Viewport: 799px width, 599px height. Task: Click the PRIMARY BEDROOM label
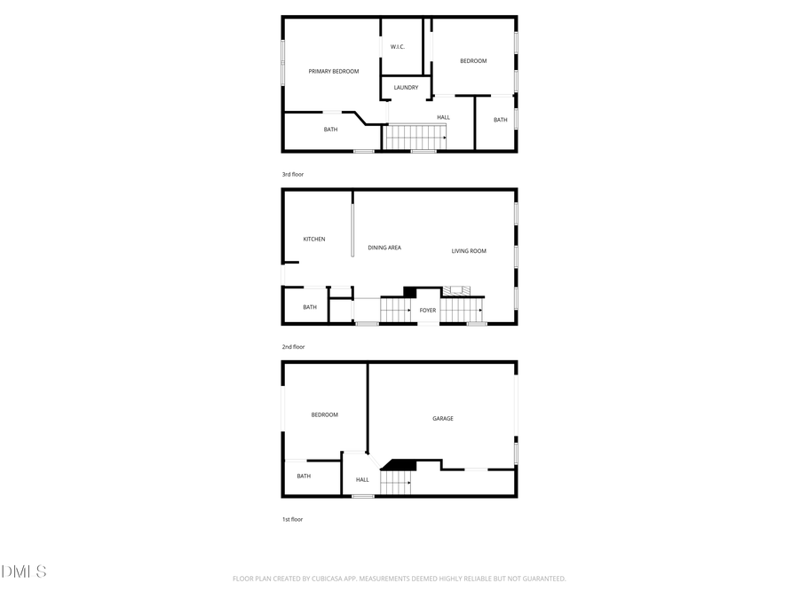tap(334, 71)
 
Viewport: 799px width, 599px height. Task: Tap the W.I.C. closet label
tap(398, 46)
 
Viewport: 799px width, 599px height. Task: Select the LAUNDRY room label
tap(406, 87)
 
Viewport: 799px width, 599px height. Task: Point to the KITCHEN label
tap(314, 239)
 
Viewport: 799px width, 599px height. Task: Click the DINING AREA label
tap(384, 248)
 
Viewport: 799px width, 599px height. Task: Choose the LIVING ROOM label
tap(469, 251)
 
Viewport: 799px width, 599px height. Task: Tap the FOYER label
tap(428, 310)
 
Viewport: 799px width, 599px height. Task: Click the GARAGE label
tap(443, 418)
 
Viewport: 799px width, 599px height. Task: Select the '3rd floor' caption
tap(293, 174)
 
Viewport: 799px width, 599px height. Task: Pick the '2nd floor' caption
tap(293, 346)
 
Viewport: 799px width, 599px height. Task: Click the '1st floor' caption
tap(292, 519)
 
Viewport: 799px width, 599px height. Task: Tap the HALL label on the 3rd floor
tap(443, 117)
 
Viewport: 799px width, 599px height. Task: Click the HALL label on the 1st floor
tap(362, 480)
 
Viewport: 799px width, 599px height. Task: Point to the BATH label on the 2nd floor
tap(310, 307)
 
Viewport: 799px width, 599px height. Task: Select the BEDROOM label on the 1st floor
tap(324, 414)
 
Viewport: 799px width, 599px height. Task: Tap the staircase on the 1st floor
tap(396, 482)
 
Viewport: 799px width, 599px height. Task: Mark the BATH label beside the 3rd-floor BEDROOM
tap(501, 120)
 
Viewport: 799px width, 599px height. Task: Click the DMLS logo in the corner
tap(24, 571)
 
